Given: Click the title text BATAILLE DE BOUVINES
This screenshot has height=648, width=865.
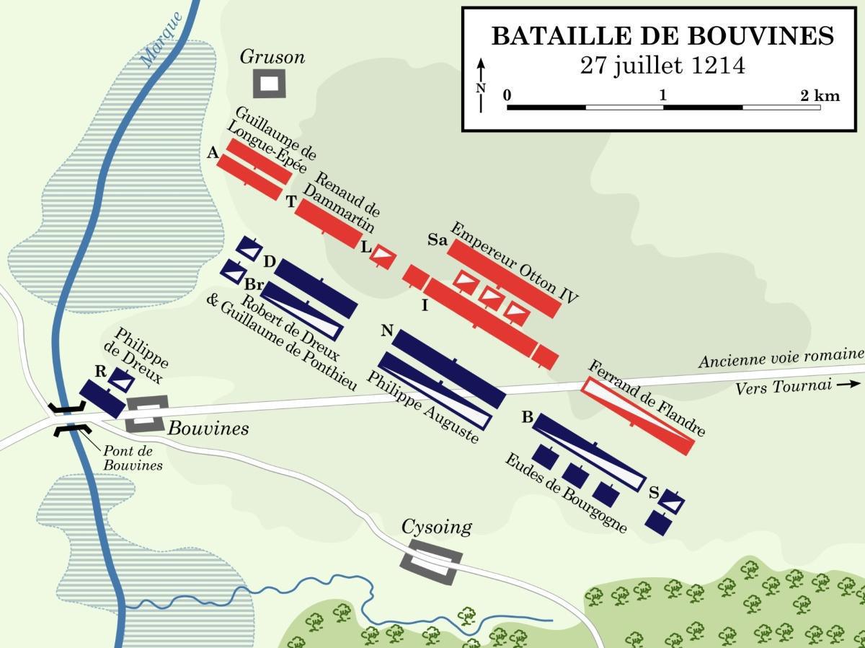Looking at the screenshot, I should [x=662, y=35].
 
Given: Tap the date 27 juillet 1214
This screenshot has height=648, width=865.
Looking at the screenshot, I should [x=662, y=65].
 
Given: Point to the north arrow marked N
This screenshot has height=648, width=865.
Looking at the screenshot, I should [x=482, y=85].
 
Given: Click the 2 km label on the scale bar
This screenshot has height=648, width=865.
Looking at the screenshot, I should [x=818, y=95].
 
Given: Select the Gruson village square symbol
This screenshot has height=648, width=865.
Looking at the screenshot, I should [x=269, y=84].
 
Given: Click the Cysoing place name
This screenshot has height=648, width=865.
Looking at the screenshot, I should [x=437, y=527].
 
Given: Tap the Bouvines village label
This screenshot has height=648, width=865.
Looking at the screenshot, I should [x=208, y=429].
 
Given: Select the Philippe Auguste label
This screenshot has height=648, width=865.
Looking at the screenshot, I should [x=422, y=408].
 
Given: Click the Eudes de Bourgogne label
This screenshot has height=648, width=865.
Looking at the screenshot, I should [x=566, y=494].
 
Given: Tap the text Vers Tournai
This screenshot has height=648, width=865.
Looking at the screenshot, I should [x=777, y=388].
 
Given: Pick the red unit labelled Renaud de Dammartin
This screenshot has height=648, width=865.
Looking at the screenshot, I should [x=328, y=224].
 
